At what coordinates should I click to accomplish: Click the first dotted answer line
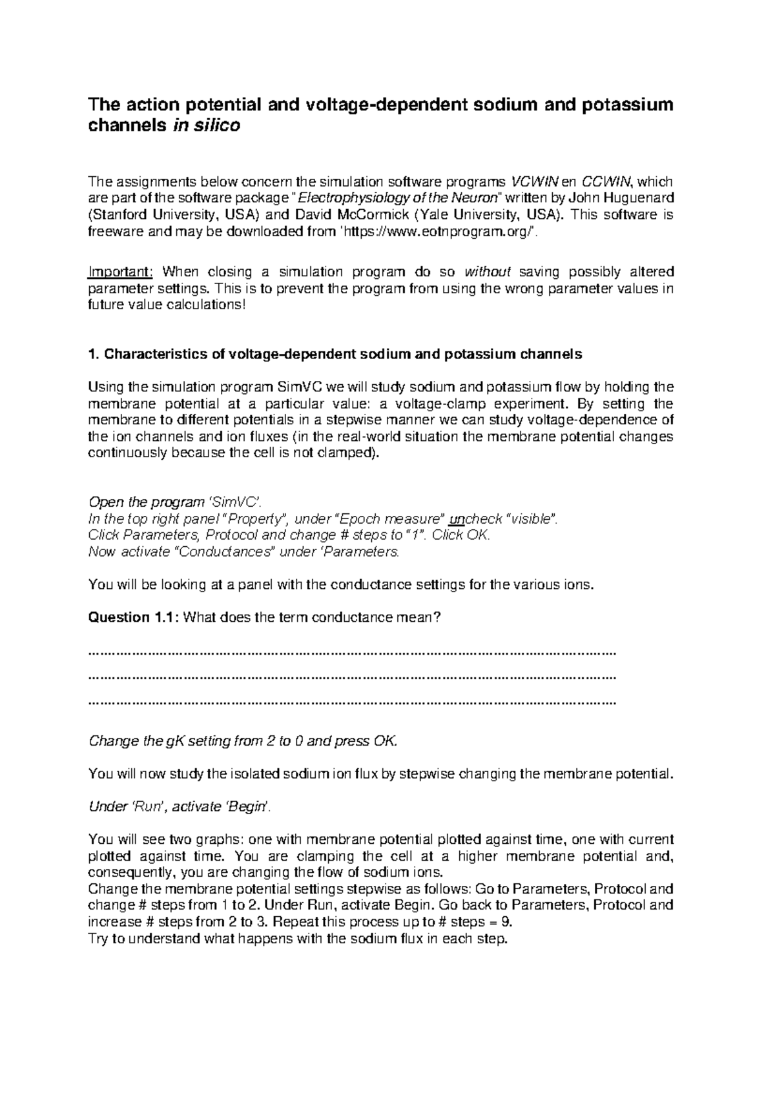pyautogui.click(x=352, y=653)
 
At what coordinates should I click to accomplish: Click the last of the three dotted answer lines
pyautogui.click(x=352, y=702)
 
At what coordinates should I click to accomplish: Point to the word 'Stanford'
pyautogui.click(x=117, y=215)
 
